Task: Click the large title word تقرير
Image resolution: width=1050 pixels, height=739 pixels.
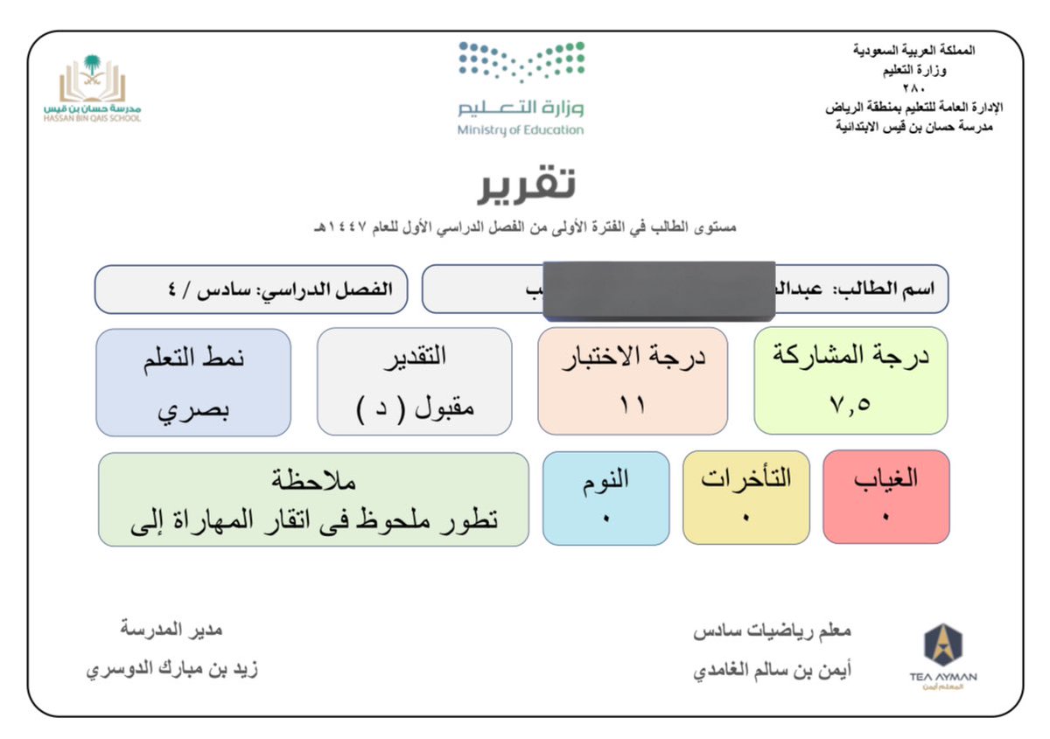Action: [x=526, y=184]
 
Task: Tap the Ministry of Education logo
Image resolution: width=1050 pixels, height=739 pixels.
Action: [x=521, y=88]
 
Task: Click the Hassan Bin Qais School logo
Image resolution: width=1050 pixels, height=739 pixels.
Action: [x=92, y=88]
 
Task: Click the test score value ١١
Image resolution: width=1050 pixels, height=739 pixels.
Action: [x=632, y=406]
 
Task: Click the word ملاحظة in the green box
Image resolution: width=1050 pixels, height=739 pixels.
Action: [x=313, y=481]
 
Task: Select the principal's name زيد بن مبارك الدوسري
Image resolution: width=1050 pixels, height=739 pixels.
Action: [x=171, y=670]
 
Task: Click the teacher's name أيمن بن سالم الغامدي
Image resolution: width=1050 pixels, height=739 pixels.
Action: [x=773, y=670]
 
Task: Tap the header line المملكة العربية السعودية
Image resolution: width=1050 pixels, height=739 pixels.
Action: [x=913, y=51]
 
